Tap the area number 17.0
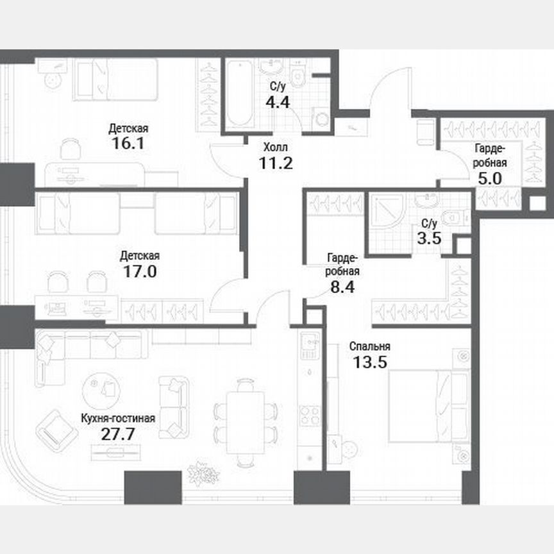[x=138, y=271]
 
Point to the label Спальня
[x=370, y=347]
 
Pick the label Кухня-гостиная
[x=118, y=419]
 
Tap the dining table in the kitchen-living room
[x=239, y=421]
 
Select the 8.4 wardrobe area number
[x=340, y=286]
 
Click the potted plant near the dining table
[x=203, y=474]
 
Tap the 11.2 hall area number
[x=276, y=162]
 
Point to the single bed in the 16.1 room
[x=115, y=80]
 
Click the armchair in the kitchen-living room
[x=57, y=430]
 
